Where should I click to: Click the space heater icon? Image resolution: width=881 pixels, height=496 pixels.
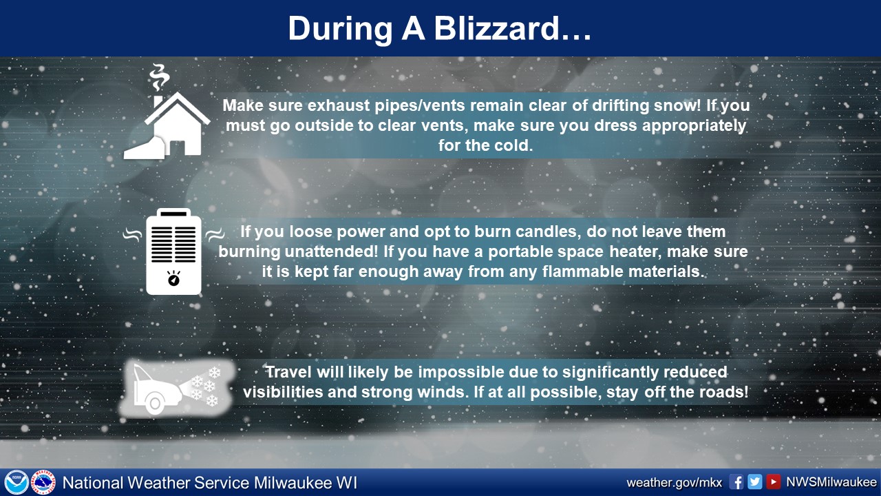(173, 251)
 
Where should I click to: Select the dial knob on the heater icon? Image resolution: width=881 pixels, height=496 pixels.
(173, 279)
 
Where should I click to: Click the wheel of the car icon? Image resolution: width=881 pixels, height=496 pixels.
(156, 403)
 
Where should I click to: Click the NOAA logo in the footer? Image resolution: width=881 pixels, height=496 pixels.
(17, 482)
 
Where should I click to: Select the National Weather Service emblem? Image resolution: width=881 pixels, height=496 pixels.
(43, 482)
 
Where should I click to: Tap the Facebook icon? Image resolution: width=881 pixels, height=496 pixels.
(736, 482)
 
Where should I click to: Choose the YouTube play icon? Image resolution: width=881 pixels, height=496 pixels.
(773, 482)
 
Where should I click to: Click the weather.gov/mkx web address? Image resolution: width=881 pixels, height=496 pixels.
(674, 483)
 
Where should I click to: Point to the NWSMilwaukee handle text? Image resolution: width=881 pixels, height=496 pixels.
(831, 482)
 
